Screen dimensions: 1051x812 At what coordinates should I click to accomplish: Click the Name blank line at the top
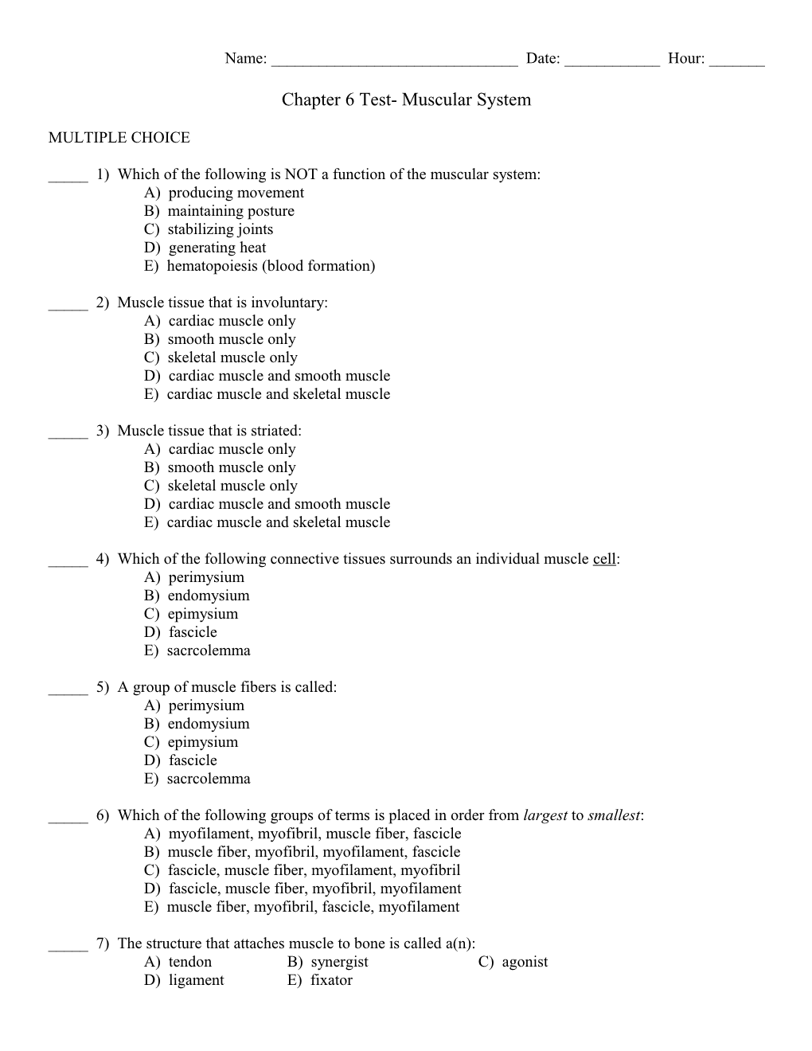coord(394,61)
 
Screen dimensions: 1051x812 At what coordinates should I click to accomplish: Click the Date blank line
coord(611,61)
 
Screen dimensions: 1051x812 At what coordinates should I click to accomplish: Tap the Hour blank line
coord(736,61)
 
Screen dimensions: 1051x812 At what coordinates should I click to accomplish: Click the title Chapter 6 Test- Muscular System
coord(406,100)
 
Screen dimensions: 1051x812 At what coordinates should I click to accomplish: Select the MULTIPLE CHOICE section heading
coord(119,138)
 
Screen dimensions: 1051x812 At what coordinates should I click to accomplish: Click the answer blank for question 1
coord(68,178)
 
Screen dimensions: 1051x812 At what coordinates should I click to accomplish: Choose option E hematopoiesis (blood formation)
coord(260,266)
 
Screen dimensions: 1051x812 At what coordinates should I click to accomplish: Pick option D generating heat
coord(205,248)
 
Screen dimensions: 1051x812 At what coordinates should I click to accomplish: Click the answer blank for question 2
coord(68,306)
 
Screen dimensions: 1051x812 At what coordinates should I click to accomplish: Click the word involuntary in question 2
coord(287,303)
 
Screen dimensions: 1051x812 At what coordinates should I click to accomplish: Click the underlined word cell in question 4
coord(604,559)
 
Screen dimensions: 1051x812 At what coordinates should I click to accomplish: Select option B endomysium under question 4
coord(197,596)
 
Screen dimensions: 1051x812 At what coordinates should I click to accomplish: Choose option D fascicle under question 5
coord(181,760)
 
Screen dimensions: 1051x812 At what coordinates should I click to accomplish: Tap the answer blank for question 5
coord(68,690)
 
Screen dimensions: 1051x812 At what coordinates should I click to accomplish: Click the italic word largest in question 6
coord(545,815)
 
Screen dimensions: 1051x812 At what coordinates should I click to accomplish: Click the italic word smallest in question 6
coord(614,815)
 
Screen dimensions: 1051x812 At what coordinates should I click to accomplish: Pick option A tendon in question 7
coord(178,962)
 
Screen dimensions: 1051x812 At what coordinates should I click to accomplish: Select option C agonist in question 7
coord(513,962)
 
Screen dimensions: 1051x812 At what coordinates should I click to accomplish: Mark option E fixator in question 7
coord(320,980)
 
